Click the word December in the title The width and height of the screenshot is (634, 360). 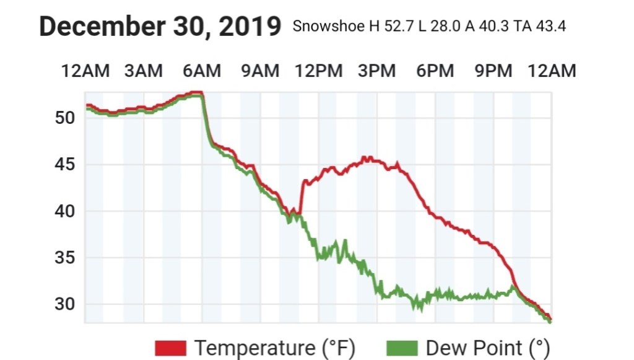(102, 27)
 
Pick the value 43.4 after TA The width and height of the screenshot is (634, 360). (549, 27)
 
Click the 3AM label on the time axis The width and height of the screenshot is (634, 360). (144, 71)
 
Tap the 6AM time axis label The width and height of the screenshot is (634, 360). (202, 71)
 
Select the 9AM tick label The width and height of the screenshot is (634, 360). (261, 71)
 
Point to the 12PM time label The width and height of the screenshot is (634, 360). (318, 71)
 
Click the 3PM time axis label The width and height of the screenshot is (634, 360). (377, 71)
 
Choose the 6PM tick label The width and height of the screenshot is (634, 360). (435, 71)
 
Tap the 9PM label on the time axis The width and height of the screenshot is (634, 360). (493, 71)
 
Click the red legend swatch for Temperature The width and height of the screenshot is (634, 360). (170, 348)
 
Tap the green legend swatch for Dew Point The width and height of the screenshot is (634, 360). (402, 348)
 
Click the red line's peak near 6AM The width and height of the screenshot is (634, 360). (198, 92)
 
